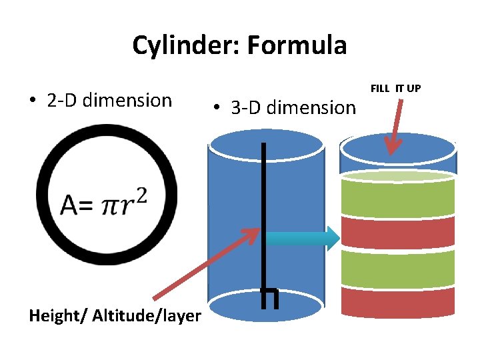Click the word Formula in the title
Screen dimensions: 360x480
pos(297,46)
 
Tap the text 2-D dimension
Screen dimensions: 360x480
pos(109,101)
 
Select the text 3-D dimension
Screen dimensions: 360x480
pos(293,107)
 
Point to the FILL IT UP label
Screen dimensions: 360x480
pos(395,88)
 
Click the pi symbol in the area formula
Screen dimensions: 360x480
pos(113,205)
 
